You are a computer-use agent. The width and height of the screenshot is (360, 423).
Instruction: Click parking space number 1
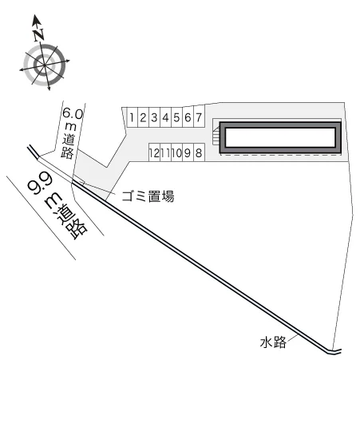tap(132, 117)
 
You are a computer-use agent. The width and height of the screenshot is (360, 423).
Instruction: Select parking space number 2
tap(144, 117)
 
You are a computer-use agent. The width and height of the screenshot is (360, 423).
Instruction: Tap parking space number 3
tap(154, 117)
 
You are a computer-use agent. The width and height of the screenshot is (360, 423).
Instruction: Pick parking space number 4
tap(166, 117)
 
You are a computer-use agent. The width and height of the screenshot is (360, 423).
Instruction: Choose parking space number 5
tap(176, 117)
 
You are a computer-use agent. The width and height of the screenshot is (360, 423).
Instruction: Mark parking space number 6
tap(188, 117)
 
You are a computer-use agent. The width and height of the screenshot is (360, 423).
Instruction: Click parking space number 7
tap(199, 117)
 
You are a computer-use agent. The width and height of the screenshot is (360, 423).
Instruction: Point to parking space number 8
tap(199, 152)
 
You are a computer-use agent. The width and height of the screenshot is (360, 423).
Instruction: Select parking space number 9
tap(188, 152)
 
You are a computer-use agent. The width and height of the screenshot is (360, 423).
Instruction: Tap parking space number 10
tap(176, 152)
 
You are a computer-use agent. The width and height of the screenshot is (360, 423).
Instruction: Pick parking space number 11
tap(166, 152)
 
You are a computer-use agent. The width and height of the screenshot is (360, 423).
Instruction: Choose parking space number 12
tap(154, 152)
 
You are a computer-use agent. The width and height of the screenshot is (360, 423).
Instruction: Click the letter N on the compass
tap(38, 35)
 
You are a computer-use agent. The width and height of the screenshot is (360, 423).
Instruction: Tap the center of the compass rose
tap(45, 65)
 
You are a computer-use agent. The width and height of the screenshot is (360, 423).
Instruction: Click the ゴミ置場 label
tap(148, 196)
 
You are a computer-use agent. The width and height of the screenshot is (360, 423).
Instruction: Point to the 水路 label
tap(273, 342)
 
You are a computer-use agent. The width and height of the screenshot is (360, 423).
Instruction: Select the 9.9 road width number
tap(40, 184)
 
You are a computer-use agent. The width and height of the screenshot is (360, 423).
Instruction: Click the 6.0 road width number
tap(73, 113)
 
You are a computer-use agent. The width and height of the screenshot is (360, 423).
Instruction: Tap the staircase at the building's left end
tap(216, 135)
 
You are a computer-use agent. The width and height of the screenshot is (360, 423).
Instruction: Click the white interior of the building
tap(280, 137)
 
